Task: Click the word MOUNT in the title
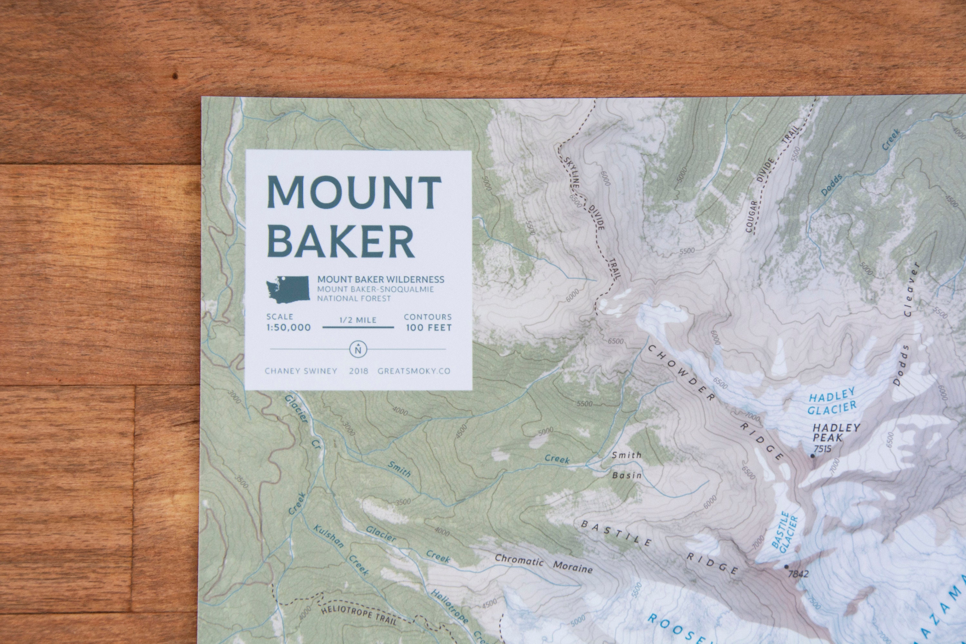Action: [354, 192]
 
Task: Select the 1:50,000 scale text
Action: [288, 327]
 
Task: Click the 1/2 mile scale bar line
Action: [358, 327]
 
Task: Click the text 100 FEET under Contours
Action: [428, 328]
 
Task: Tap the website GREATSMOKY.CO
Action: [413, 371]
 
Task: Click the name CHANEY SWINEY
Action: [301, 371]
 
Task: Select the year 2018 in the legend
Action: [359, 371]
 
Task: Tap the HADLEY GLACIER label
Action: [832, 401]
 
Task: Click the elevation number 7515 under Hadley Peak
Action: [822, 449]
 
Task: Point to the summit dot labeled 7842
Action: [786, 567]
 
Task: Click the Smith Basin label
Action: [626, 465]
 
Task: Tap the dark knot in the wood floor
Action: [175, 76]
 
